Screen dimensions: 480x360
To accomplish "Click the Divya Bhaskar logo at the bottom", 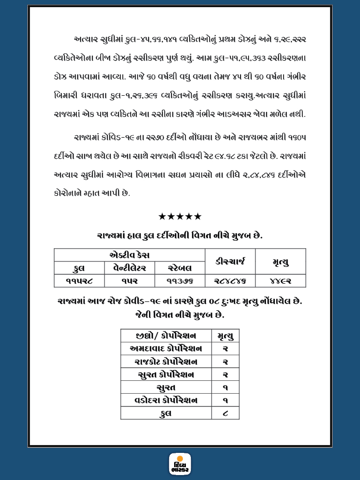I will pyautogui.click(x=180, y=464).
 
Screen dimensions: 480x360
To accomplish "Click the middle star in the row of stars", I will pyautogui.click(x=180, y=217).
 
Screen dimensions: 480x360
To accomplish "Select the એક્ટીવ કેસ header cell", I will pyautogui.click(x=129, y=255).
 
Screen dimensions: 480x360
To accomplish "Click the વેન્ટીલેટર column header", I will pyautogui.click(x=129, y=268).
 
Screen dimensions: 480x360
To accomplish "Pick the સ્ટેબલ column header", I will pyautogui.click(x=180, y=268).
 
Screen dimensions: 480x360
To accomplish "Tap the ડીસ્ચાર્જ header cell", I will pyautogui.click(x=230, y=261).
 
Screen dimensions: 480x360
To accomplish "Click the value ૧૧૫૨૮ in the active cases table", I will pyautogui.click(x=79, y=281).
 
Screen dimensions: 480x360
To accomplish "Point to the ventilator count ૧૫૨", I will pyautogui.click(x=129, y=281).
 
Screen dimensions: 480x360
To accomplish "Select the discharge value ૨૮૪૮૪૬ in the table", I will pyautogui.click(x=230, y=281).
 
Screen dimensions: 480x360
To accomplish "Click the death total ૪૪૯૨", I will pyautogui.click(x=280, y=281).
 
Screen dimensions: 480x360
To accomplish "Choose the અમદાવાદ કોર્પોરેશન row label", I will pyautogui.click(x=166, y=349).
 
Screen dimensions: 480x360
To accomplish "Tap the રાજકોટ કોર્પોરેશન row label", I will pyautogui.click(x=166, y=362).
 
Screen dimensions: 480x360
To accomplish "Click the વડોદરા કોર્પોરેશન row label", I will pyautogui.click(x=166, y=400).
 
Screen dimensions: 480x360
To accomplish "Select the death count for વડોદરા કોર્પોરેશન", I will pyautogui.click(x=225, y=400).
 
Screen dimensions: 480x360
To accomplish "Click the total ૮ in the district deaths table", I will pyautogui.click(x=225, y=413).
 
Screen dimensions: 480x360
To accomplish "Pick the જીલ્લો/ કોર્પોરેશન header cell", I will pyautogui.click(x=166, y=336).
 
